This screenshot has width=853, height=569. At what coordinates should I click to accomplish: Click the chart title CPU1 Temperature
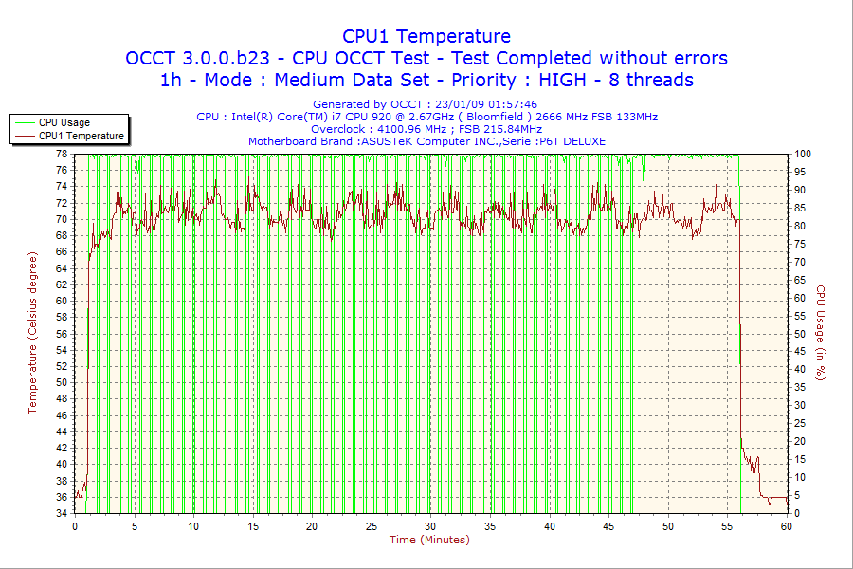tap(426, 36)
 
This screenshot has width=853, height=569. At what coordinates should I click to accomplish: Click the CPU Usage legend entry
tap(64, 122)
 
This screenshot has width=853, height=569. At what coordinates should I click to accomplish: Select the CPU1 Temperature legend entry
tap(81, 136)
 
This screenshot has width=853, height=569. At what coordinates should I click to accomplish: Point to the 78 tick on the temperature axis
tap(61, 154)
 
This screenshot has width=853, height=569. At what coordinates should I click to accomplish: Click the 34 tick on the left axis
tap(61, 513)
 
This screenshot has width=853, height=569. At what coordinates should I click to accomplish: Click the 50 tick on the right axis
tap(800, 334)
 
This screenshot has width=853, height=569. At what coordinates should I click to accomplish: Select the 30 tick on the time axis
tap(430, 526)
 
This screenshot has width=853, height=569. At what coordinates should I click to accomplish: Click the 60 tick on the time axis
tap(787, 526)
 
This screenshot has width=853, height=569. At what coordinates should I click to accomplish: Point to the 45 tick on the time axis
tap(608, 526)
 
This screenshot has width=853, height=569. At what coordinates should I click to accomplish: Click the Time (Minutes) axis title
tap(429, 540)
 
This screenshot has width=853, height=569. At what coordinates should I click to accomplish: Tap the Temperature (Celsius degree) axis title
tap(32, 333)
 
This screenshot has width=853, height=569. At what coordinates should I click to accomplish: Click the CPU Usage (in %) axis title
tap(821, 333)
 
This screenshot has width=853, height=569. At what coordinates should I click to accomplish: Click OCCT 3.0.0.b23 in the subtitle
tap(198, 58)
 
